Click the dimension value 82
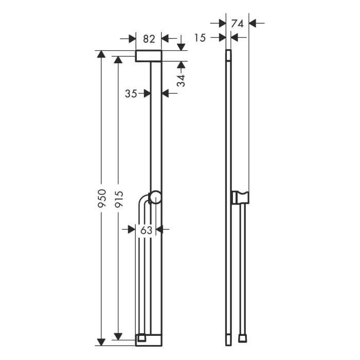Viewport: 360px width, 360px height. tap(149, 39)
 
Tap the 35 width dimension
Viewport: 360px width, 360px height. tap(131, 93)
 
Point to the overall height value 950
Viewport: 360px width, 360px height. tap(102, 198)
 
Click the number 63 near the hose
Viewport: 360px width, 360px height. tap(147, 230)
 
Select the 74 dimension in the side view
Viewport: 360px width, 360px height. tap(237, 23)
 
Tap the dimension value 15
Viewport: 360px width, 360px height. tap(201, 37)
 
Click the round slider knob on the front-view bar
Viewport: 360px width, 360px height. tap(155, 196)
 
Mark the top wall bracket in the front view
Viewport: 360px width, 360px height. tap(149, 56)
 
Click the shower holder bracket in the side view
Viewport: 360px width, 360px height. tap(241, 196)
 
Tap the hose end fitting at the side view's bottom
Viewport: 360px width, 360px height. tap(242, 339)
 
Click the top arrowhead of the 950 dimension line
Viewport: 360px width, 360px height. tap(102, 54)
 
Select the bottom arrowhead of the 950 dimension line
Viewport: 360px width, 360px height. tap(102, 341)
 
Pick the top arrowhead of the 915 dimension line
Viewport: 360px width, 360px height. tap(119, 60)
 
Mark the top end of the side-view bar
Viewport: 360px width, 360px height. tap(228, 51)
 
